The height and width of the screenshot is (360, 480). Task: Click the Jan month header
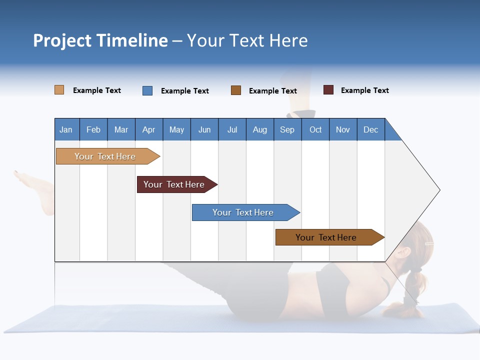(x=66, y=129)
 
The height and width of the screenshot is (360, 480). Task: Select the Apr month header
(x=148, y=129)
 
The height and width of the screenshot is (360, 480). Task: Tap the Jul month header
(x=232, y=129)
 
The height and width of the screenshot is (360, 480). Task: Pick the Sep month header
(x=287, y=129)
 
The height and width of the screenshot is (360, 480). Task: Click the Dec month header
(x=370, y=129)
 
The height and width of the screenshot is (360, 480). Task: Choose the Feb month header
(x=93, y=129)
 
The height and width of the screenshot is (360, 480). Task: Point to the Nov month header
(x=342, y=129)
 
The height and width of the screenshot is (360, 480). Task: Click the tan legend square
(x=59, y=90)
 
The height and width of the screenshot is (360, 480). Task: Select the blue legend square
(x=147, y=90)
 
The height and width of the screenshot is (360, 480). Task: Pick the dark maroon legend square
(x=328, y=90)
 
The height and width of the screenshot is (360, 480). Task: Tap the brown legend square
(x=236, y=90)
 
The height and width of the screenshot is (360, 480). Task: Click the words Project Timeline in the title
(x=100, y=40)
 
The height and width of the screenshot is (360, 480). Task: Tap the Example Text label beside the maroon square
(x=364, y=90)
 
